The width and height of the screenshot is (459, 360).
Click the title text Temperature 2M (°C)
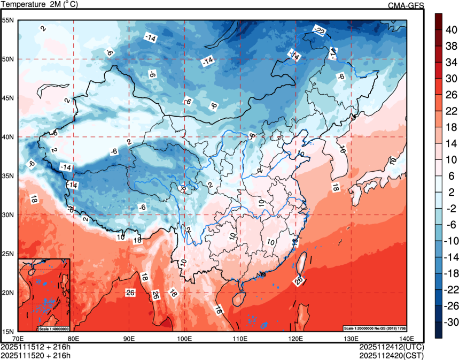point(40,5)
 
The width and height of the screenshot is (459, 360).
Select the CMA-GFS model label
point(406,5)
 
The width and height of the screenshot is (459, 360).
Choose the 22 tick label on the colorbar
point(452,111)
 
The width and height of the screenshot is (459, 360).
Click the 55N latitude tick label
point(7,20)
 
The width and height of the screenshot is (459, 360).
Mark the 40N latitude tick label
point(7,137)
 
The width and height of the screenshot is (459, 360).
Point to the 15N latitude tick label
point(7,331)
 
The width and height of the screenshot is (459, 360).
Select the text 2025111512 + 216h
point(36,347)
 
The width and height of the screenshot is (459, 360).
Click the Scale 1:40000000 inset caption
point(53,328)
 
